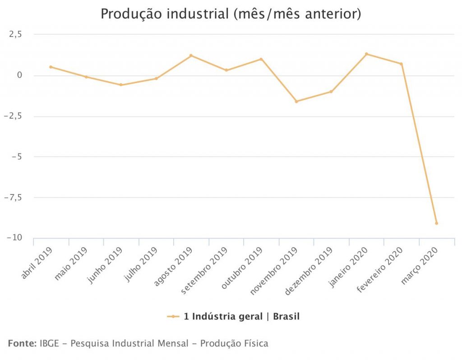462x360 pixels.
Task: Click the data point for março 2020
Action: pos(436,223)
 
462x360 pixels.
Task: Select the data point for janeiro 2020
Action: pos(366,54)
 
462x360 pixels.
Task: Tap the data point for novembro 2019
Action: pos(296,102)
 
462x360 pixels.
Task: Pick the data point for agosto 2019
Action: pos(191,55)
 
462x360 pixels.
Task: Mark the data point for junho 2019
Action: pos(121,85)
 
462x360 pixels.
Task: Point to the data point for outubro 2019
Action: pos(261,59)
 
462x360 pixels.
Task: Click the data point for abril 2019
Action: pos(51,67)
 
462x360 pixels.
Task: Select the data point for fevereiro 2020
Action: pos(401,64)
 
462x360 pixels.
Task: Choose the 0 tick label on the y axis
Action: pos(19,75)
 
